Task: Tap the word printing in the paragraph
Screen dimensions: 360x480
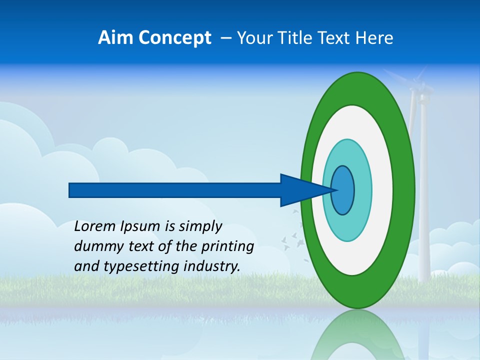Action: [x=227, y=247]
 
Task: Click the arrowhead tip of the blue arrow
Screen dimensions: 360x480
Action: [x=335, y=190]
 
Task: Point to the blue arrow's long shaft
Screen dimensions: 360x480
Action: [x=175, y=190]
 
